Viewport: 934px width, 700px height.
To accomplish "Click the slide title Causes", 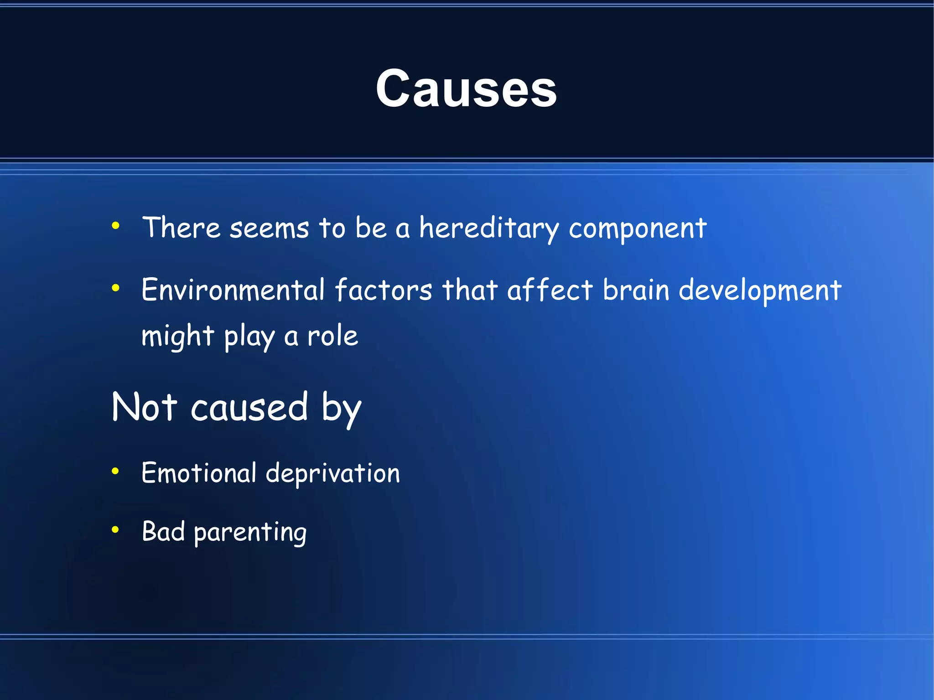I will pos(466,88).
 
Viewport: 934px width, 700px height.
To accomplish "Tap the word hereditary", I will pos(488,228).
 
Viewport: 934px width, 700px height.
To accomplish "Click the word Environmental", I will pos(233,290).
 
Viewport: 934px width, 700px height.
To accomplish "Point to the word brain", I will pos(636,290).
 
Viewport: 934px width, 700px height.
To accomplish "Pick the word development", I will pos(759,291).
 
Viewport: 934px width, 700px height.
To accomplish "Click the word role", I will pos(332,336).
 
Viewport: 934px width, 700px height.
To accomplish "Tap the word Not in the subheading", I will pos(144,407).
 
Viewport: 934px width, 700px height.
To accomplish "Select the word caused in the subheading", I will pos(249,407).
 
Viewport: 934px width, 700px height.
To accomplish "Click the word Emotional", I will pos(199,473).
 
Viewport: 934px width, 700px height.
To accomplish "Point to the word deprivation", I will pos(332,473).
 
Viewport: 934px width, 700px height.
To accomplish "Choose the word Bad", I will pos(163,531).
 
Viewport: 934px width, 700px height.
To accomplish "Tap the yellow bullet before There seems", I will pos(115,225).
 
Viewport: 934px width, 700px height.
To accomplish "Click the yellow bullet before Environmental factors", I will pos(115,288).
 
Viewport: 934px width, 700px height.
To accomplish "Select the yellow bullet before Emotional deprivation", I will pos(115,471).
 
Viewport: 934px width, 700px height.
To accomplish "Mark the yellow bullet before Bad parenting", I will pos(115,529).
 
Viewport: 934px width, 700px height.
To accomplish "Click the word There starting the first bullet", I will pos(181,228).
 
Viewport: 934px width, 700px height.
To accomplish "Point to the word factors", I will pos(383,290).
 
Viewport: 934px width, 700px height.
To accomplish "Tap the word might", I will pos(177,337).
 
